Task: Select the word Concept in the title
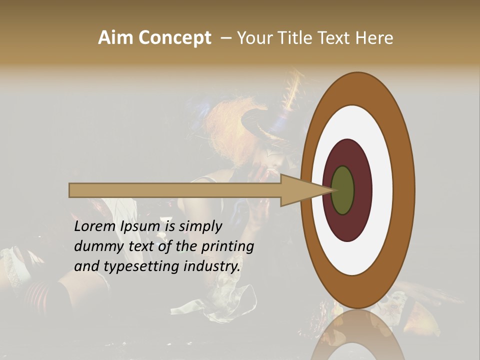pos(174,38)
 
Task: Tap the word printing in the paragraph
pos(227,246)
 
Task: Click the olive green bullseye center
pos(343,190)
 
